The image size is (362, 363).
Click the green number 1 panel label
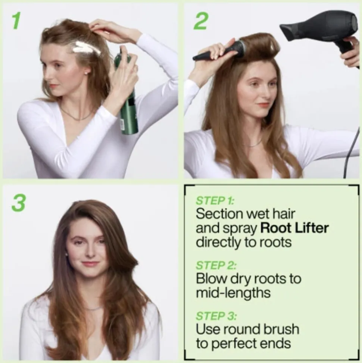pos(16,21)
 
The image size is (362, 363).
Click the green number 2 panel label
pos(200,21)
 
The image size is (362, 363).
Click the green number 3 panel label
pos(18,203)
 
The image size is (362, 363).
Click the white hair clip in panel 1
pos(86,47)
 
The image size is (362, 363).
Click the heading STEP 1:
pos(215,201)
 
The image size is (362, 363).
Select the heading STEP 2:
pos(216,265)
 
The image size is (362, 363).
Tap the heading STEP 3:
pos(216,316)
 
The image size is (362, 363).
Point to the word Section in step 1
pos(219,214)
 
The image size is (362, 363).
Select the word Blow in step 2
pos(212,279)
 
